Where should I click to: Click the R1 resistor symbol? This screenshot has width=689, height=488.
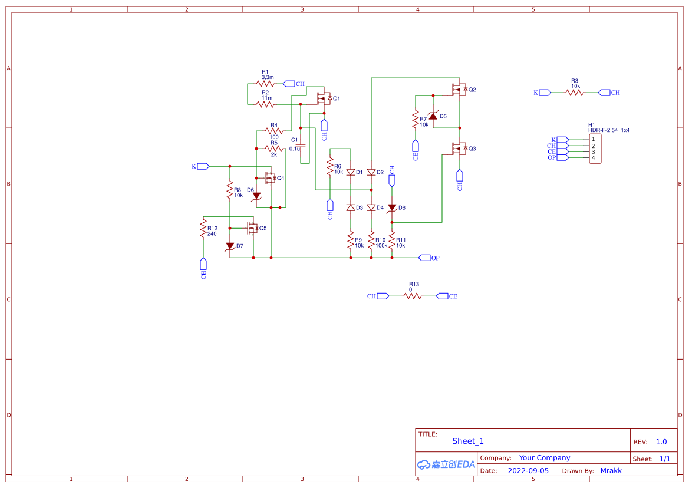[x=265, y=84]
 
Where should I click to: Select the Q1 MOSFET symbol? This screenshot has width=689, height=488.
[x=323, y=98]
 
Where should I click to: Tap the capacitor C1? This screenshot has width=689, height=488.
[x=301, y=144]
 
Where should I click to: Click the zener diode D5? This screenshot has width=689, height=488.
[x=433, y=116]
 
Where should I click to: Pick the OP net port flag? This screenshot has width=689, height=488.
[x=425, y=258]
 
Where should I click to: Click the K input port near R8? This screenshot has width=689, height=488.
[x=203, y=166]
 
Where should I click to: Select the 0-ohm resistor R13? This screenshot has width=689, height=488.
[x=413, y=296]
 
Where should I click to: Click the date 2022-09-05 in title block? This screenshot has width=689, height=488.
[x=528, y=471]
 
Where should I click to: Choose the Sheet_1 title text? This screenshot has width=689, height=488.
[x=468, y=441]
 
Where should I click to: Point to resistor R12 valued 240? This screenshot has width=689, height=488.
[x=203, y=228]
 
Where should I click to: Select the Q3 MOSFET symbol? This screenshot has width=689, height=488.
[x=459, y=149]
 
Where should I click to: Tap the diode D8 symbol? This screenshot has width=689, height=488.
[x=392, y=207]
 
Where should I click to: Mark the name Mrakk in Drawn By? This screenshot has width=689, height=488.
[x=611, y=471]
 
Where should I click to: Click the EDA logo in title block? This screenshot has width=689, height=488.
[x=446, y=464]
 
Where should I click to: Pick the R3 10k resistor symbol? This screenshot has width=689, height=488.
[x=575, y=93]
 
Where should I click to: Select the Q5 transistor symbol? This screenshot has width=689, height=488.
[x=253, y=227]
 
